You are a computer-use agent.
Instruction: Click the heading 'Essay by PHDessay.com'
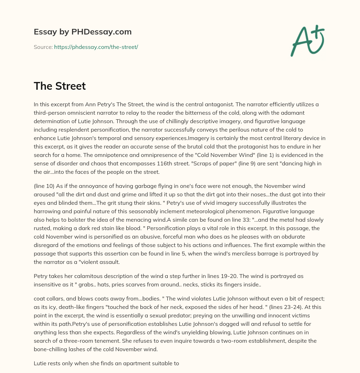83,32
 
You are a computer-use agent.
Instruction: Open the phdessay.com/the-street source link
96,47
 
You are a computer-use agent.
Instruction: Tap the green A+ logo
307,40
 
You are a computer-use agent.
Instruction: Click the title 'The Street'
60,86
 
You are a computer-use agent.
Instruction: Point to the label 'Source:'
43,47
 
